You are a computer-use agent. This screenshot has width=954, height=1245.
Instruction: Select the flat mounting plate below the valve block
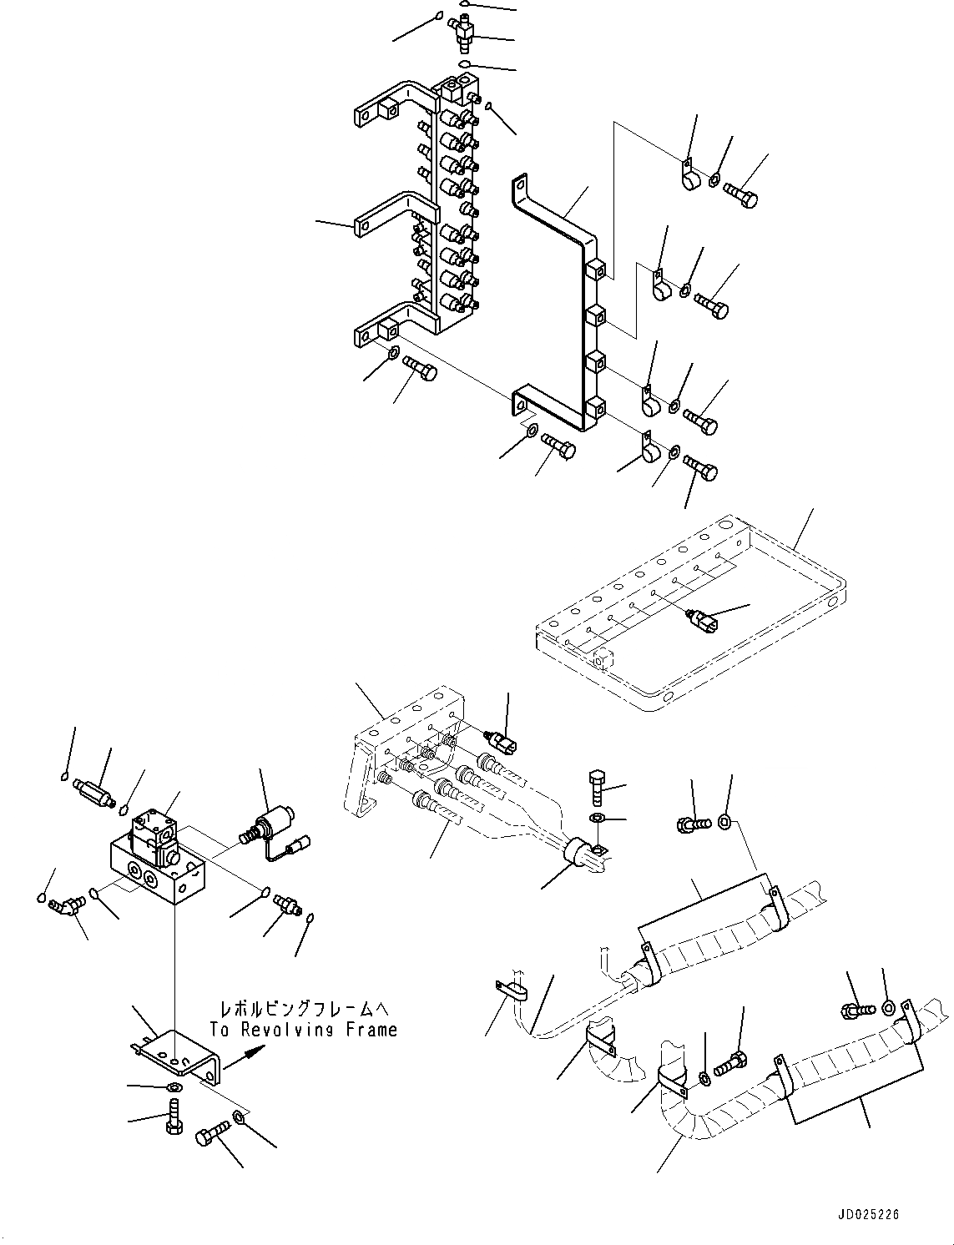[x=179, y=1054]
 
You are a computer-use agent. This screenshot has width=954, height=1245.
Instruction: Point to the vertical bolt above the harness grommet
[x=598, y=785]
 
